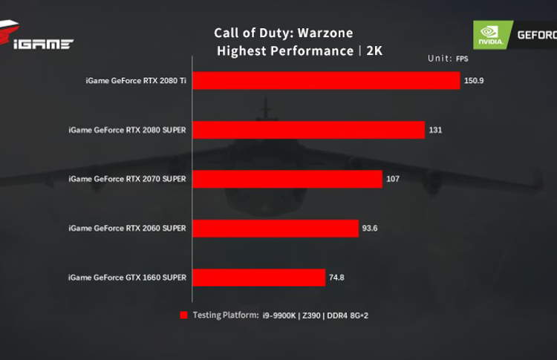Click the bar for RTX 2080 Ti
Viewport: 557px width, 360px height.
327,80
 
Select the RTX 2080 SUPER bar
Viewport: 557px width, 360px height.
309,130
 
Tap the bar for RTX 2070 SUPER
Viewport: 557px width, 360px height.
287,179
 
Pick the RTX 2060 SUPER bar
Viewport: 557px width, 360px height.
276,228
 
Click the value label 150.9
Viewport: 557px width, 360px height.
474,80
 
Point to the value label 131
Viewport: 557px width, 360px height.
436,130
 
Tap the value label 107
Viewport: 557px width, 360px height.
394,179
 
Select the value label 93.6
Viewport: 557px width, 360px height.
371,228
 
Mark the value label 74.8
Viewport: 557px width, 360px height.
336,278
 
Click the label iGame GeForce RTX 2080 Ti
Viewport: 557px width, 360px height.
136,80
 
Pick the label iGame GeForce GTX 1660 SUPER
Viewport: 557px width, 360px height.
127,278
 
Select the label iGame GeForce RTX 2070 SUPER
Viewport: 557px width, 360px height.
127,179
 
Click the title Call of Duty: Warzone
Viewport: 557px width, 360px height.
284,33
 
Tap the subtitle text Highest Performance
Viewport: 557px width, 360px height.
284,50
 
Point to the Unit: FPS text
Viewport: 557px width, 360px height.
449,59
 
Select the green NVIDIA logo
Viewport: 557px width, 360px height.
491,35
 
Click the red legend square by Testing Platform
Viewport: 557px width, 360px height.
183,315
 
